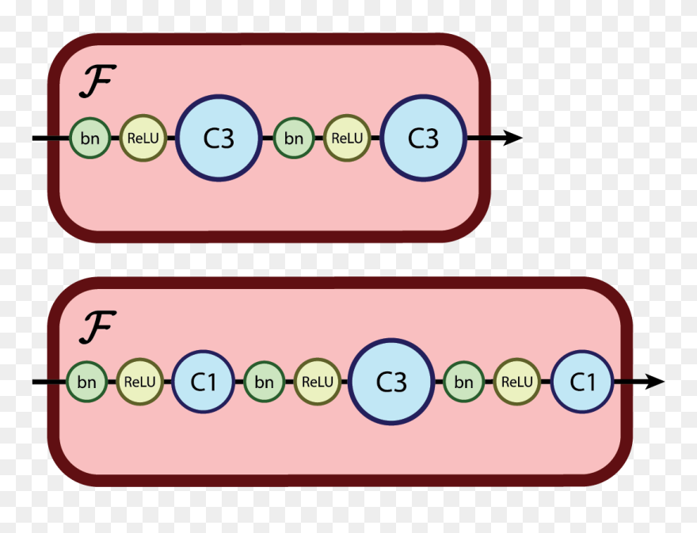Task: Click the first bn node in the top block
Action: (90, 138)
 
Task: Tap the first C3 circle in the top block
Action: (219, 138)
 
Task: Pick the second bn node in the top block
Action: (294, 138)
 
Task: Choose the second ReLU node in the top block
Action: (346, 138)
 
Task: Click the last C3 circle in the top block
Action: (423, 138)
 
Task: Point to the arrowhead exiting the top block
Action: (512, 138)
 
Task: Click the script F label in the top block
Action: (97, 82)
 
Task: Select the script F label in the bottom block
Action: (97, 326)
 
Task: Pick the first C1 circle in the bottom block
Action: (204, 382)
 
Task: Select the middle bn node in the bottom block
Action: (264, 382)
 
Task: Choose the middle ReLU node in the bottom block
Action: (317, 382)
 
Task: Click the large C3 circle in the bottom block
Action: (391, 382)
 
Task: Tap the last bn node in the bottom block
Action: (464, 382)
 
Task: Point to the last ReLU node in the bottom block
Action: (517, 382)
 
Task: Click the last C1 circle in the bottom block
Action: (583, 382)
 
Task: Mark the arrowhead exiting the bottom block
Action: (654, 382)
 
